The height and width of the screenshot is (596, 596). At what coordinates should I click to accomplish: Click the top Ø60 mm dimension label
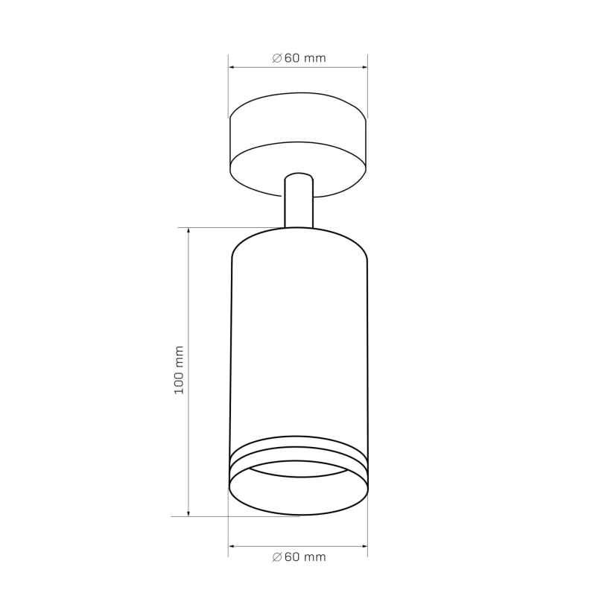tap(299, 58)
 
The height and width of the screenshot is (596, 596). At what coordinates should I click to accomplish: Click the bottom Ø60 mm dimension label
tap(299, 557)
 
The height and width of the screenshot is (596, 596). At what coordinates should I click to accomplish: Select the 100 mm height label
tap(179, 370)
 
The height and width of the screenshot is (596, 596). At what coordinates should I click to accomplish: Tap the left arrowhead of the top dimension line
tap(231, 67)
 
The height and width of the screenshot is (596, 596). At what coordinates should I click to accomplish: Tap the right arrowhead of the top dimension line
tap(365, 67)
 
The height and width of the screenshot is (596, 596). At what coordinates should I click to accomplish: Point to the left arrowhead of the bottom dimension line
tap(231, 546)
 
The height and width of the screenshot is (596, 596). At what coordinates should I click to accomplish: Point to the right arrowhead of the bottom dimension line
tap(365, 546)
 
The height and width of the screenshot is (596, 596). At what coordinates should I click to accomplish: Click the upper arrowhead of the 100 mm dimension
tap(188, 230)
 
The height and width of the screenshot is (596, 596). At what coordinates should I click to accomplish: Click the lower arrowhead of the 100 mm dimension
tap(188, 514)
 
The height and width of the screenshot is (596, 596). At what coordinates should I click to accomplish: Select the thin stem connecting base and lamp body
tap(299, 200)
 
